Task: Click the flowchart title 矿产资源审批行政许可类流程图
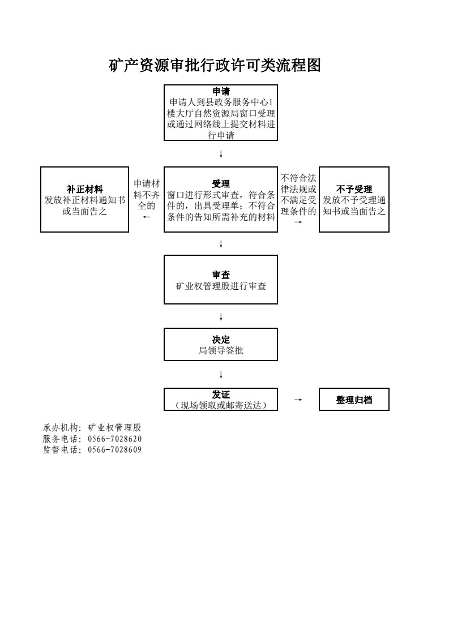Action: (215, 65)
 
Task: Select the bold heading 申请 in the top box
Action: (221, 91)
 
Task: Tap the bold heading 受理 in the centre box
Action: (221, 184)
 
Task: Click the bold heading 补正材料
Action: (85, 189)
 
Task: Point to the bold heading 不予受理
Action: (354, 189)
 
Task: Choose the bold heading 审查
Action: (221, 275)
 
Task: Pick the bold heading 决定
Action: (221, 340)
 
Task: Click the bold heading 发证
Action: (221, 394)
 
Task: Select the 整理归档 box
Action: (354, 400)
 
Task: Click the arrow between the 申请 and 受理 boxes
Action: (221, 154)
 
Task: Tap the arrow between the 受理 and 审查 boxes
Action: (221, 244)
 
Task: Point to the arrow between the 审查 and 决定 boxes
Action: (221, 317)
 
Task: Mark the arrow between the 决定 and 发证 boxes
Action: (221, 375)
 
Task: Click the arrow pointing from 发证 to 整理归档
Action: (298, 400)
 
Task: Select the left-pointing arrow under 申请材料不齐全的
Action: (146, 217)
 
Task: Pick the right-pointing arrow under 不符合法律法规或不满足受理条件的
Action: (298, 222)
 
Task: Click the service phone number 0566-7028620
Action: (115, 439)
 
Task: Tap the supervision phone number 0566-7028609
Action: (115, 449)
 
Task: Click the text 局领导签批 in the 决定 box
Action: (221, 350)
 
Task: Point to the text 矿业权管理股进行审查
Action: (221, 286)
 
